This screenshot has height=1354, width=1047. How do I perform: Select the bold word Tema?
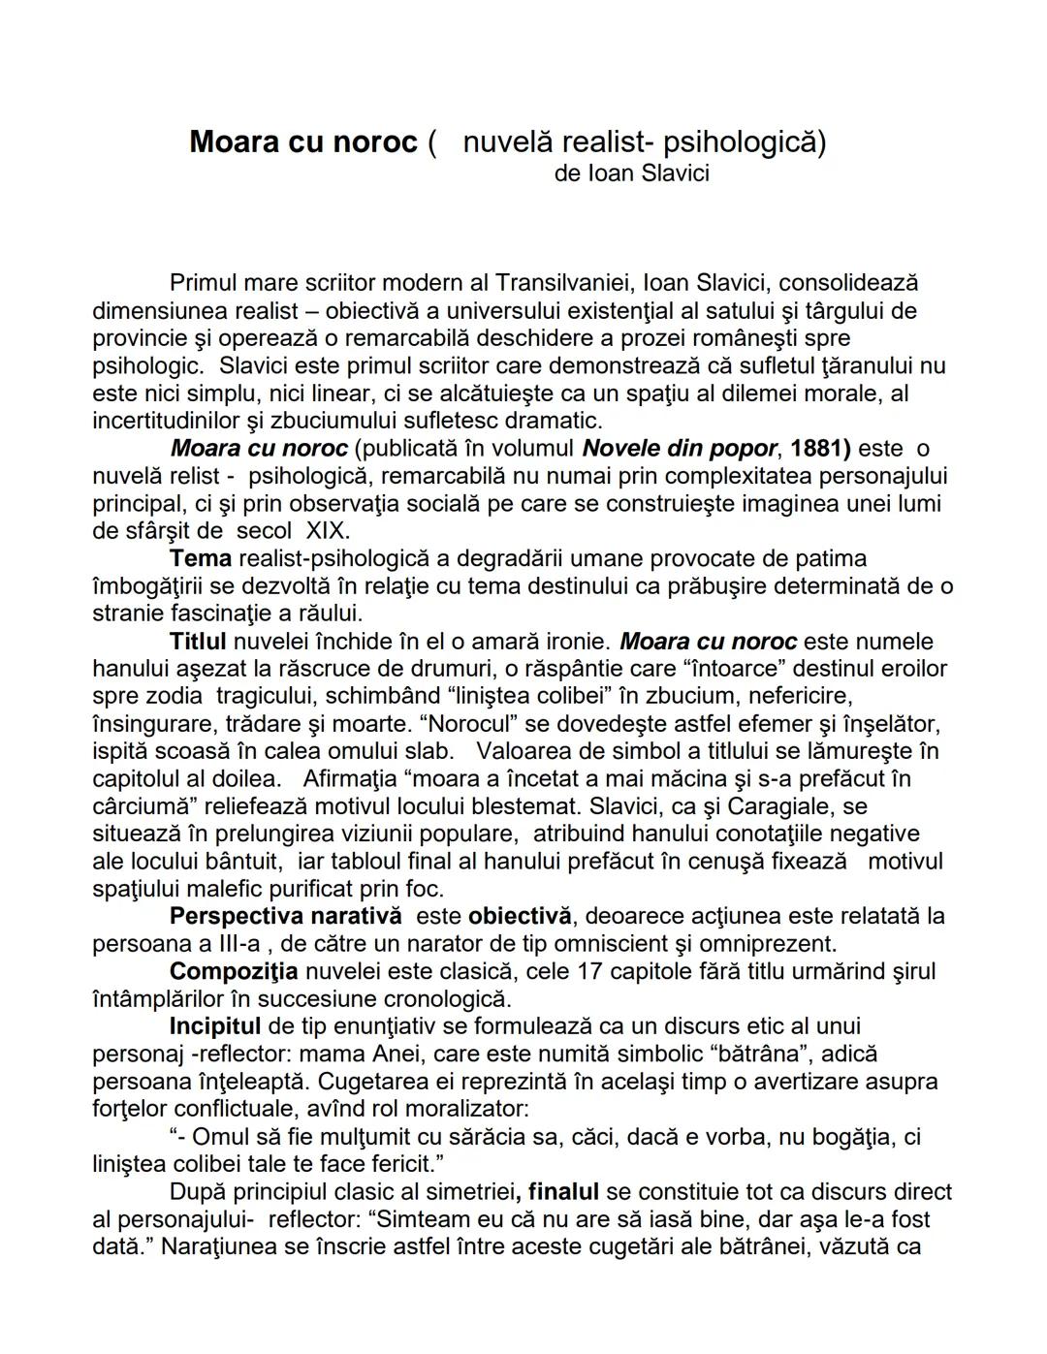coord(200,558)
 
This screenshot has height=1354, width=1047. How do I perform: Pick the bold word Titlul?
coord(198,642)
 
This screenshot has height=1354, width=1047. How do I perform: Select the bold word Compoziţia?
coord(233,971)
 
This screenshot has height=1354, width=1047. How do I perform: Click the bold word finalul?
coord(563,1191)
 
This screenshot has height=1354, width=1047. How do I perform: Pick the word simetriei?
coord(463,1191)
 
